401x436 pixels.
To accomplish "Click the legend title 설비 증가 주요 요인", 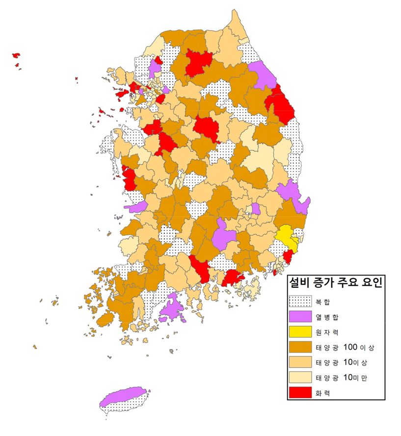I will coord(336,282).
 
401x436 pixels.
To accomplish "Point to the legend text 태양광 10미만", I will coord(349,378).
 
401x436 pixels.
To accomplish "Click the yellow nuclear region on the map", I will coord(286,237).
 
